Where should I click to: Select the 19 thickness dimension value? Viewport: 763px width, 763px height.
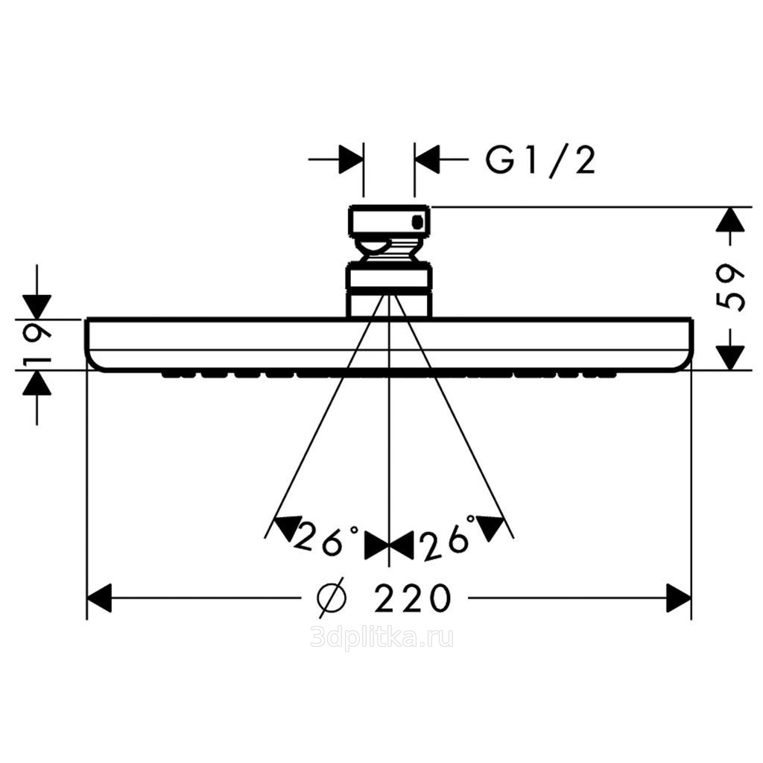tap(38, 345)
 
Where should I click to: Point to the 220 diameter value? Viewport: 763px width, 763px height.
tap(413, 598)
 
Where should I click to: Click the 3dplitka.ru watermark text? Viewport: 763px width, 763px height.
tap(381, 638)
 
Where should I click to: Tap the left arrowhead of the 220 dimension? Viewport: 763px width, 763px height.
tap(99, 598)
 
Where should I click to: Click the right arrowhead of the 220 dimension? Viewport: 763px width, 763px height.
tap(679, 598)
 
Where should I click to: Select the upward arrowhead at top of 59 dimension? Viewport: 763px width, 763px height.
tap(730, 220)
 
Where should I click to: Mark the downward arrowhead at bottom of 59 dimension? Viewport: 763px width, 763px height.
tap(730, 357)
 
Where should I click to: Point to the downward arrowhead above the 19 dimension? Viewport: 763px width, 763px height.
tap(38, 306)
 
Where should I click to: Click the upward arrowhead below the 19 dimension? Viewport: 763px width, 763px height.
tap(38, 383)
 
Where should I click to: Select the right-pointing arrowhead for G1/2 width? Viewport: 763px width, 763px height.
tap(351, 159)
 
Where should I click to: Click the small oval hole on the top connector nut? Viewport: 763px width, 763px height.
tap(417, 222)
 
